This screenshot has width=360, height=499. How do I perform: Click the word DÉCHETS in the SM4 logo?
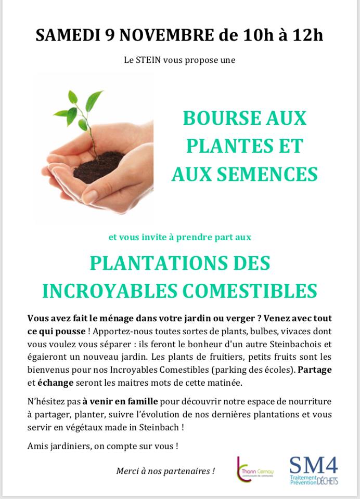327,482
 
